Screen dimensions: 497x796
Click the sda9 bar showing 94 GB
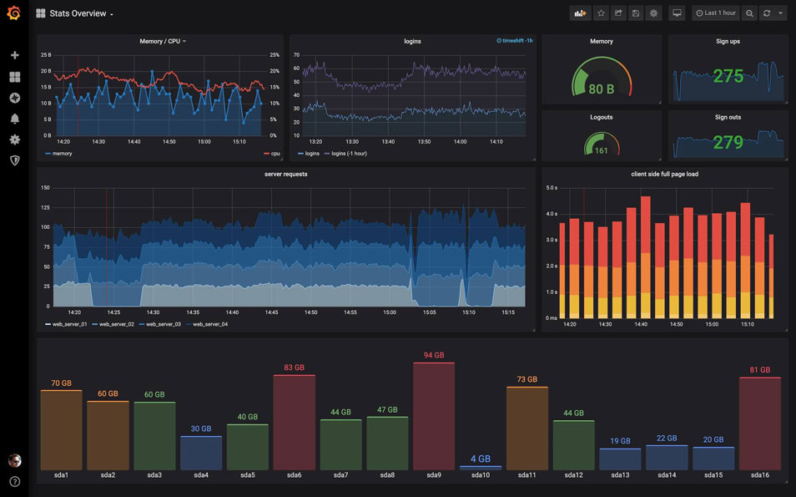click(x=434, y=416)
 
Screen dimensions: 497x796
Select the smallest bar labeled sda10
click(x=481, y=467)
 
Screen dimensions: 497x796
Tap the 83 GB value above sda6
click(x=294, y=368)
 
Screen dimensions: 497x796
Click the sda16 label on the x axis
click(x=759, y=475)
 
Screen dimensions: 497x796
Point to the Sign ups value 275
click(x=728, y=77)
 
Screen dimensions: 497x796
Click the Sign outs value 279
click(x=728, y=143)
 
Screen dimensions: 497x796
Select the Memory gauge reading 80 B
click(x=601, y=89)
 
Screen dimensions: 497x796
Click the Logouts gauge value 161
click(x=601, y=151)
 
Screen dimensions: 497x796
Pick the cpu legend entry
click(x=272, y=154)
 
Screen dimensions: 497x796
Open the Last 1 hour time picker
click(x=716, y=13)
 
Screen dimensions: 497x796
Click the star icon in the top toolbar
click(x=601, y=13)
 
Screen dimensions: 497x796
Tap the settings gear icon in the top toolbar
click(x=653, y=13)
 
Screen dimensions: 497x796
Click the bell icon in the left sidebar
click(x=14, y=119)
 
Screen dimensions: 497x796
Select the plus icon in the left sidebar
click(x=14, y=55)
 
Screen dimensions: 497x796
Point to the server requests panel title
click(x=285, y=174)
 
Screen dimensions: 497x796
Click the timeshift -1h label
click(x=514, y=41)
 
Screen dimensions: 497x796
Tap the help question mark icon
click(x=14, y=481)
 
